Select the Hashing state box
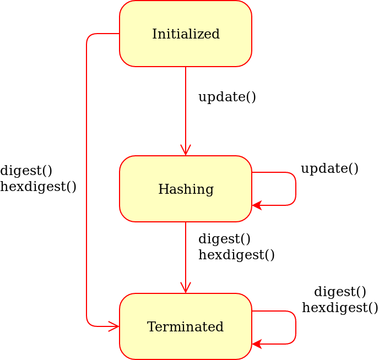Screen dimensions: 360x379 (186, 207)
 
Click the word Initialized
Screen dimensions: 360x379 (186, 34)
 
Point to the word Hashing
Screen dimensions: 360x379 (186, 189)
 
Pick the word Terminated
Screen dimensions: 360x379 (186, 327)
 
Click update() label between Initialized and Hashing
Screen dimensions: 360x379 (227, 97)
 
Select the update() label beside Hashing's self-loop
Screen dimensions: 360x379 (329, 168)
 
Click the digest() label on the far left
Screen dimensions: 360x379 (26, 171)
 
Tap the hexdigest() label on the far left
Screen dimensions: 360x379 (38, 187)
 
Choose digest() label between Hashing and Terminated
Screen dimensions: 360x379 (224, 239)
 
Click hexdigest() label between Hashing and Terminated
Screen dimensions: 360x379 (236, 255)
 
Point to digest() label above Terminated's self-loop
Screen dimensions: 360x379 (340, 292)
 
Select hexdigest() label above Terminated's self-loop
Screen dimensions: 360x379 (340, 308)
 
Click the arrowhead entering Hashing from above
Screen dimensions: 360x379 (186, 150)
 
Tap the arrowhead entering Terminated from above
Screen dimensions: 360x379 (186, 288)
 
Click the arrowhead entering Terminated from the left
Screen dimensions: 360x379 (114, 326)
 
